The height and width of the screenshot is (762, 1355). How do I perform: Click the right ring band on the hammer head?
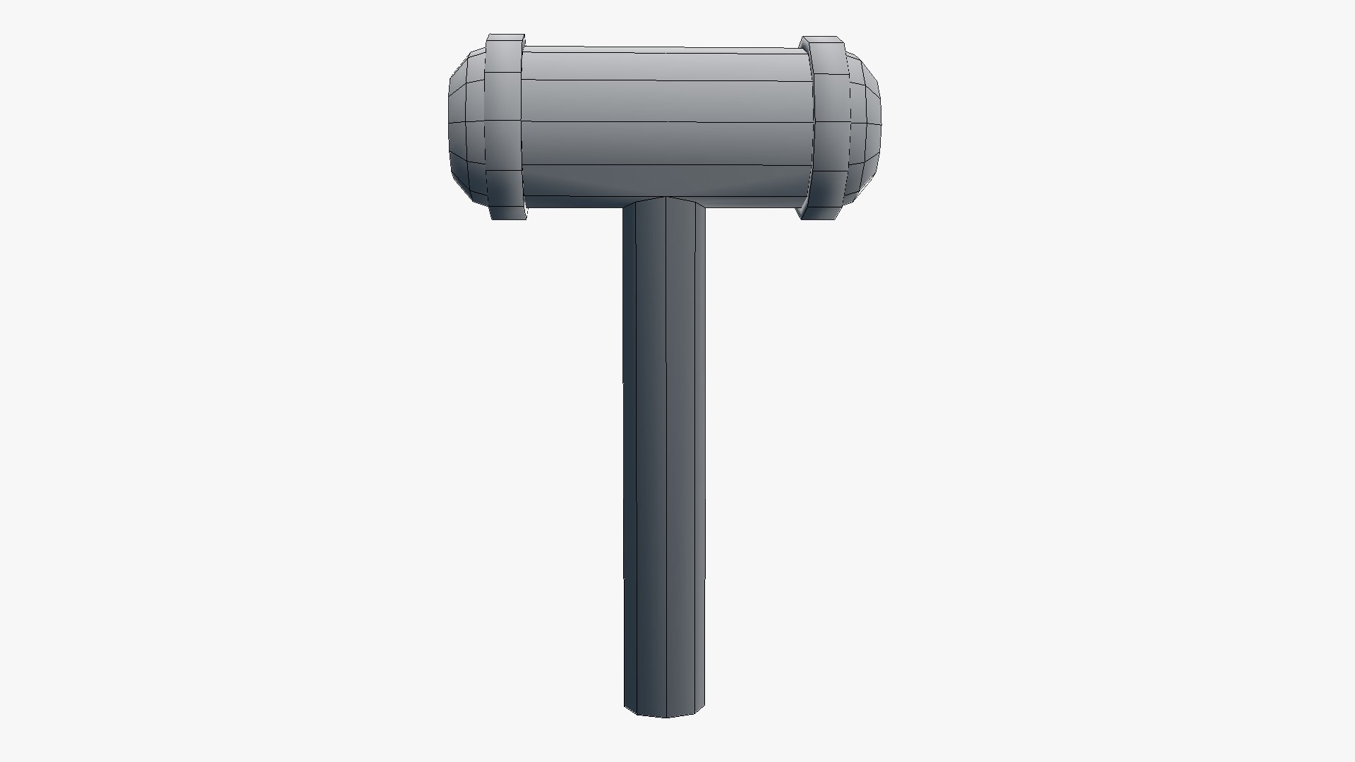point(826,127)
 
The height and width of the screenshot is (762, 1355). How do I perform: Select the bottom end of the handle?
point(665,711)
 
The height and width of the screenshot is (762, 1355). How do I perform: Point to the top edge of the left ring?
point(506,35)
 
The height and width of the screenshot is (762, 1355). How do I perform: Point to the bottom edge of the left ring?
point(508,218)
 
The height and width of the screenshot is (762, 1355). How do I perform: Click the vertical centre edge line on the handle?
point(666,459)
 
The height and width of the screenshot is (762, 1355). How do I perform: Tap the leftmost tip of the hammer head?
point(450,127)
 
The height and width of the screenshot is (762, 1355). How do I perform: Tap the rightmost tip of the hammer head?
point(881,127)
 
